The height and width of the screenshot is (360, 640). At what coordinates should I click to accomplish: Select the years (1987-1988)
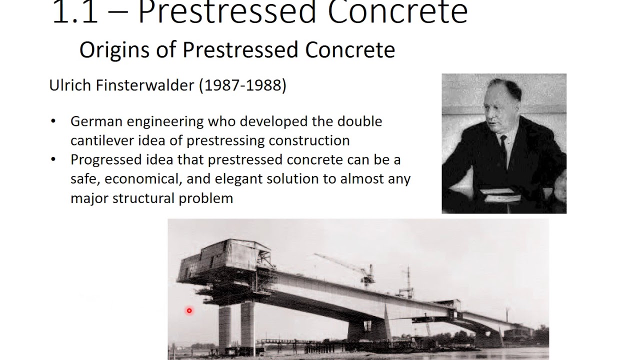[x=242, y=85]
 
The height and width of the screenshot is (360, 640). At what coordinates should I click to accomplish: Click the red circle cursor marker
[x=189, y=311]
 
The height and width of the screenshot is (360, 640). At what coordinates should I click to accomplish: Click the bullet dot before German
[x=54, y=121]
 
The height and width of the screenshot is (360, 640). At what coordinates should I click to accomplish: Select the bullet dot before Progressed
[x=54, y=160]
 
